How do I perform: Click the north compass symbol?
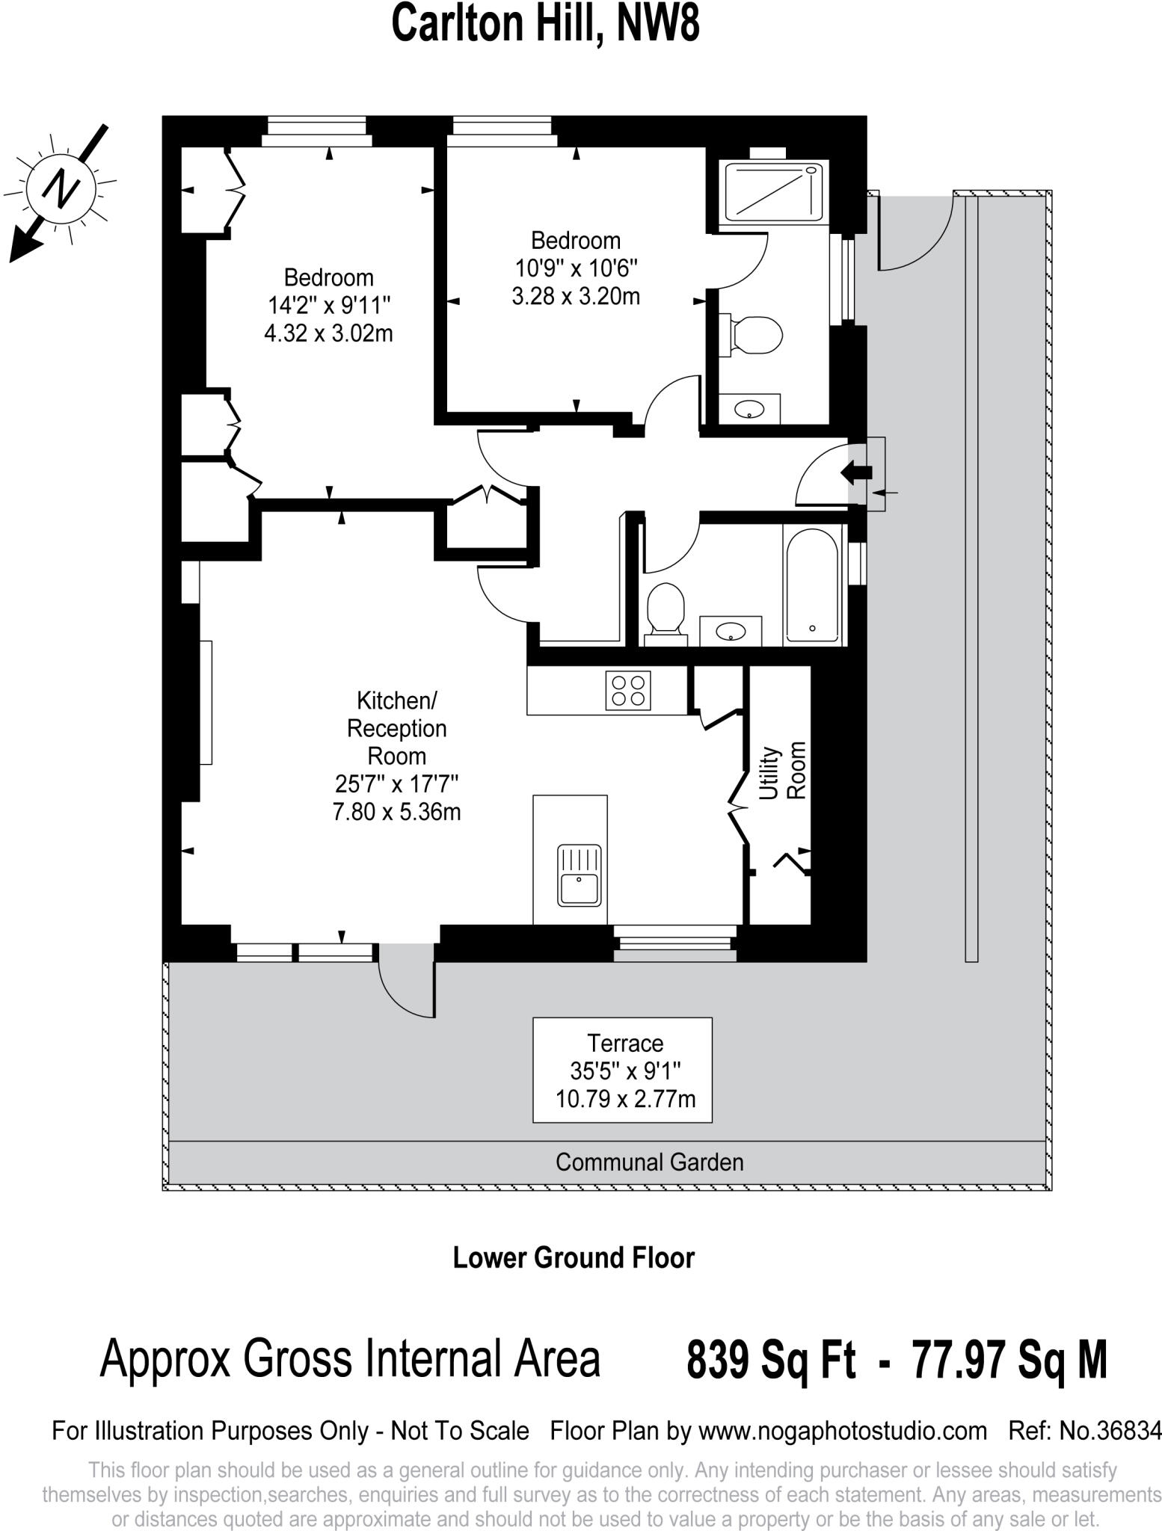[x=61, y=186]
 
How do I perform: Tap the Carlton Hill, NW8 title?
[x=546, y=24]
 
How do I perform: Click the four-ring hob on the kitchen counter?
[x=628, y=690]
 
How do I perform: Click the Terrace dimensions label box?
[x=622, y=1070]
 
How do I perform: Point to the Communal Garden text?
[x=649, y=1162]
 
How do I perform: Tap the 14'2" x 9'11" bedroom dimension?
[x=329, y=305]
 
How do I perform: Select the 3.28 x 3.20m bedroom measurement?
[x=576, y=296]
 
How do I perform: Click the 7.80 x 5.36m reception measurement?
[x=396, y=811]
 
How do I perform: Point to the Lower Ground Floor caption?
[x=574, y=1257]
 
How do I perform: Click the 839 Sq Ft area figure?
[x=771, y=1360]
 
